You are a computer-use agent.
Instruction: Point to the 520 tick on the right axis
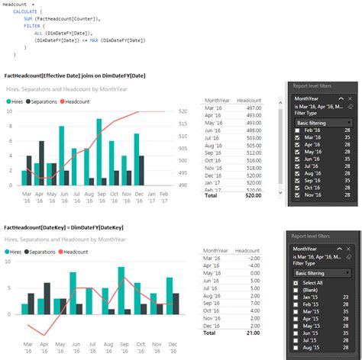183,111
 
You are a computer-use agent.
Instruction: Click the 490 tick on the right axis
183,185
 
